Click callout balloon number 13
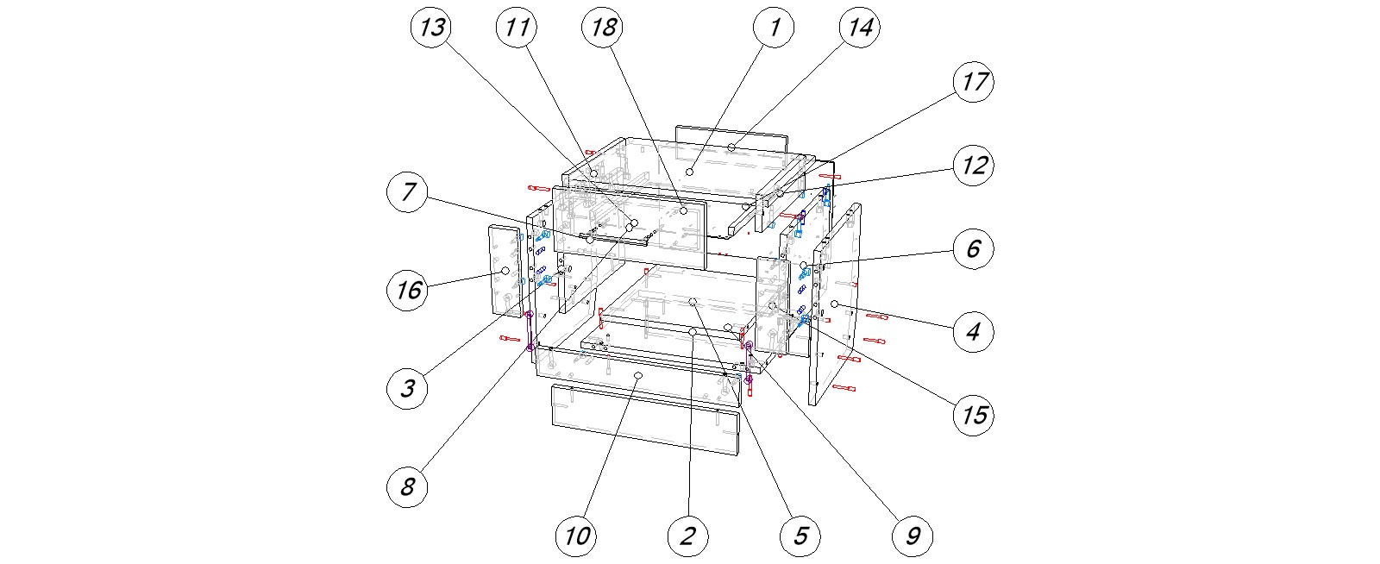(431, 28)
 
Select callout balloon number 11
(517, 28)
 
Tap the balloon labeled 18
(603, 28)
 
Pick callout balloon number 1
(774, 28)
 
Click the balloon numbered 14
(859, 28)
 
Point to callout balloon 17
(974, 82)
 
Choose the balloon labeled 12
(974, 165)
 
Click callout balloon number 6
(974, 248)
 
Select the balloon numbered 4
(974, 331)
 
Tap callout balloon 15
(974, 415)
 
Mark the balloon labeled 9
(913, 536)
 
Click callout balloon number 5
(800, 536)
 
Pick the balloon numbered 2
(687, 536)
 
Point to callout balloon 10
(576, 536)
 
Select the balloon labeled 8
(407, 487)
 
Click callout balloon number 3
(407, 388)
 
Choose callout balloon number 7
(407, 191)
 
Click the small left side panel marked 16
(503, 285)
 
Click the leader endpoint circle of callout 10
(638, 377)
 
